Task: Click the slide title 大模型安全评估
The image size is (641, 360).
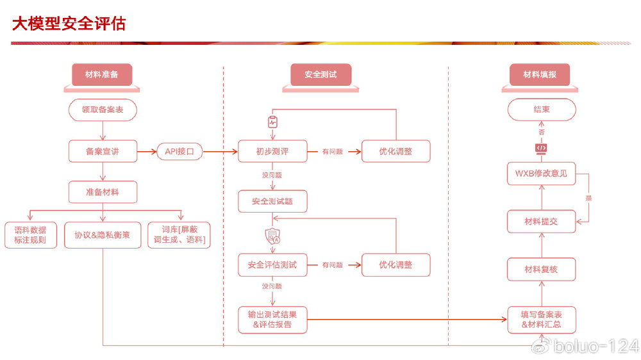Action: click(69, 24)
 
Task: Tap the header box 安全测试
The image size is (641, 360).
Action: click(320, 74)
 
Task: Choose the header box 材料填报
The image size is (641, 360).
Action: click(540, 74)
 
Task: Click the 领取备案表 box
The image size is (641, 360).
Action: click(103, 110)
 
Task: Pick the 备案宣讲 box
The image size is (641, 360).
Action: click(103, 152)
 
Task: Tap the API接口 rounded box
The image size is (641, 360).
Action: click(179, 152)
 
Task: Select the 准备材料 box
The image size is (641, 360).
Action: click(103, 192)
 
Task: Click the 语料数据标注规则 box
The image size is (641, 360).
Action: click(30, 235)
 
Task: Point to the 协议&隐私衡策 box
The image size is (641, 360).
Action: click(103, 235)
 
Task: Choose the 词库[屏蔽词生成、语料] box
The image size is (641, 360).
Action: click(179, 235)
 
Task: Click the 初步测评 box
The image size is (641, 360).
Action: click(272, 152)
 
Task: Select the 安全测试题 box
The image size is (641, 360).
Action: click(272, 201)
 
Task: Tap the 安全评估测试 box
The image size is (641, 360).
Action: click(272, 265)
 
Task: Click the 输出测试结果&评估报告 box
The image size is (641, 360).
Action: click(272, 320)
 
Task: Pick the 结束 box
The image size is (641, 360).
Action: click(542, 110)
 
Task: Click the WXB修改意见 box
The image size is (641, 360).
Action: click(542, 173)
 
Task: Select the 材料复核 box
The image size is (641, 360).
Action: click(542, 269)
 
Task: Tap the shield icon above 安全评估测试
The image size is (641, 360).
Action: click(272, 236)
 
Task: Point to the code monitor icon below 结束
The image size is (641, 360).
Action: click(542, 148)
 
